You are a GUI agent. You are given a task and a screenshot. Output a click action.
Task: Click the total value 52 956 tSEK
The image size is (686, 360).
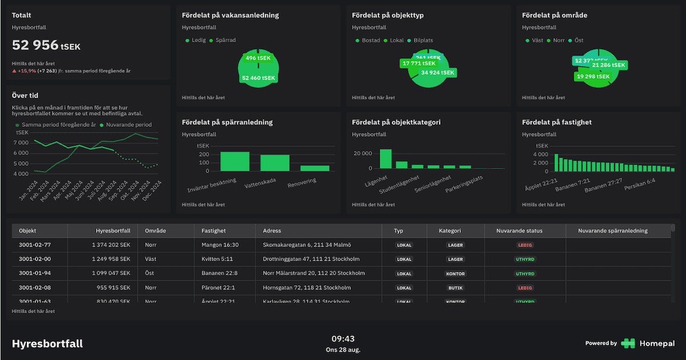point(46,45)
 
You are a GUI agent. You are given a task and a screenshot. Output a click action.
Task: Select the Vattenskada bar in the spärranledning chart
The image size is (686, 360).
point(275,163)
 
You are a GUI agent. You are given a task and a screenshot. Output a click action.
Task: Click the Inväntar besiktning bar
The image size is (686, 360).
point(234,161)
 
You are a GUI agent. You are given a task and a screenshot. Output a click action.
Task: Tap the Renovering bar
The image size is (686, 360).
point(315,168)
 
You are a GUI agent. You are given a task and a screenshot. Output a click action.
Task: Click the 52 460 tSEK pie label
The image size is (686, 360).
point(258,78)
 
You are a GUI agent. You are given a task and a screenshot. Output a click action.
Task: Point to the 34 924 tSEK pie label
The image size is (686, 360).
point(438,73)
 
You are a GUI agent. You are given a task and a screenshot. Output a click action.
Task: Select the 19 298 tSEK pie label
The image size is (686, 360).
point(594,76)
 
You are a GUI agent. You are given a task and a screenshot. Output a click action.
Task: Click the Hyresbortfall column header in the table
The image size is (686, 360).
point(113,231)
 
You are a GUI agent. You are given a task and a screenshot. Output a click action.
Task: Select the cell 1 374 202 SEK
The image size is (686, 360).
point(111,245)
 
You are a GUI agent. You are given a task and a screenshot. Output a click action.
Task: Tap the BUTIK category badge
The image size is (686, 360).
point(456,288)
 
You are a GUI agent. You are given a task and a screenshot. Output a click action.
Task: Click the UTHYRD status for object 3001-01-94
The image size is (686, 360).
point(524,274)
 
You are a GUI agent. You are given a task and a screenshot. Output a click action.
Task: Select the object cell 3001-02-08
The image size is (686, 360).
point(35,288)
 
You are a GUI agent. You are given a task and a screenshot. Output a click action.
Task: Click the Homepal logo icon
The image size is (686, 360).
point(628,343)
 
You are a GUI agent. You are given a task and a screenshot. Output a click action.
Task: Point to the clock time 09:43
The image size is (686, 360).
point(343,339)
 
